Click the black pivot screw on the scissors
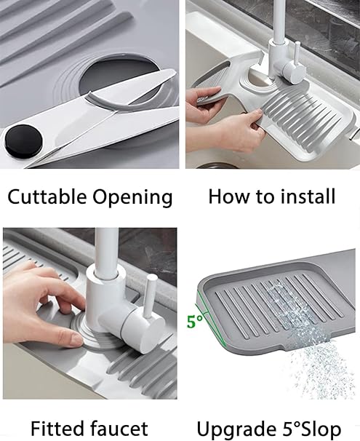(23, 141)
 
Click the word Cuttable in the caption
(47, 196)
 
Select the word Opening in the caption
(132, 197)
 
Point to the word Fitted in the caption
(59, 429)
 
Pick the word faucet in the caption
(120, 429)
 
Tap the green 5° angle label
(194, 321)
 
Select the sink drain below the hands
(217, 165)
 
